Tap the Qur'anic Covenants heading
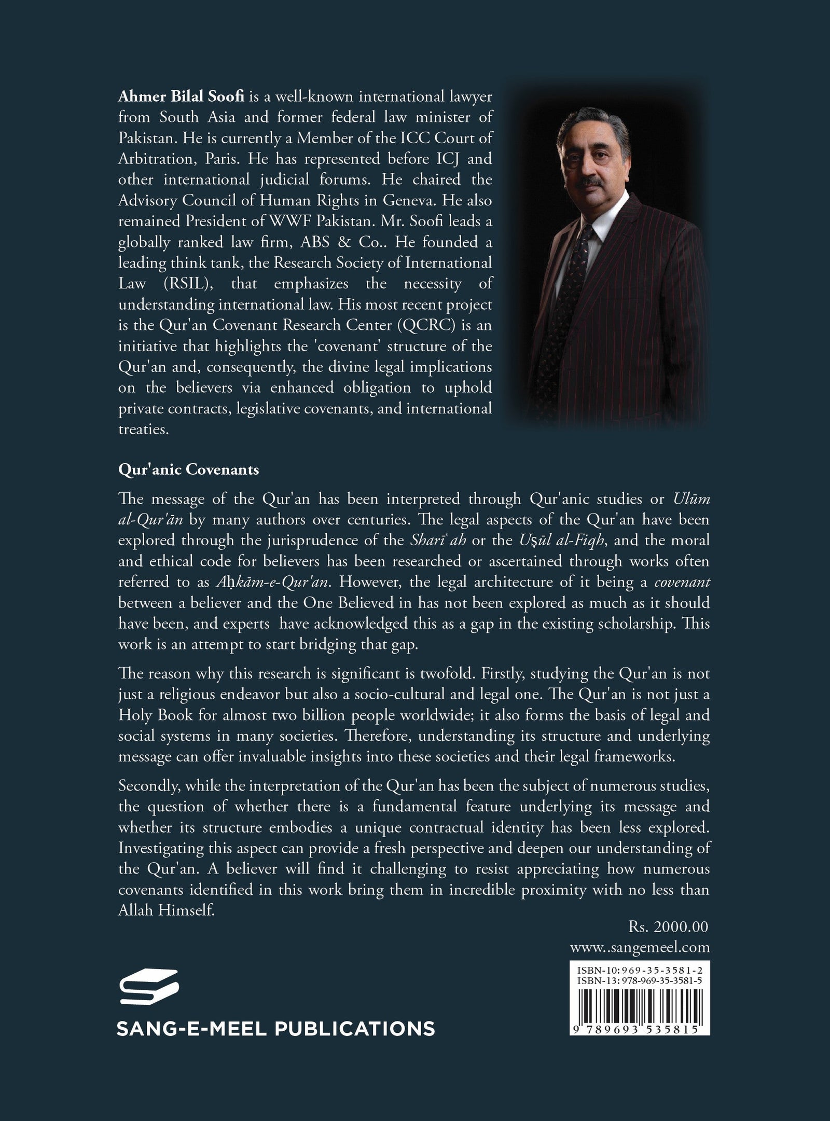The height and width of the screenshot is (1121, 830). [188, 470]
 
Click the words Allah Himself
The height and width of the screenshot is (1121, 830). [166, 910]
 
